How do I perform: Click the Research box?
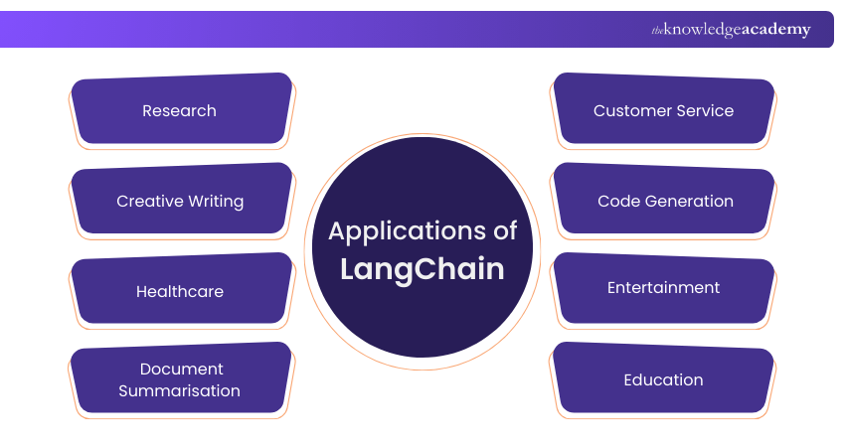pos(180,110)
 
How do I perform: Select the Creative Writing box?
pos(180,201)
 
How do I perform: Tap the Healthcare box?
pos(180,291)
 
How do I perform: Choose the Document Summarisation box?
pos(180,379)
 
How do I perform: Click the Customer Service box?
pos(663,110)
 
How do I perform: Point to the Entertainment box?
pos(663,288)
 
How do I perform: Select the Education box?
pos(663,379)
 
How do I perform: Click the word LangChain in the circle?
pos(422,269)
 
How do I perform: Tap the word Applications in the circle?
pos(400,231)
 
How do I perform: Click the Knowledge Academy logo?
pos(731,30)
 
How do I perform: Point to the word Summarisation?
pos(180,391)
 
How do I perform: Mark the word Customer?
pos(631,110)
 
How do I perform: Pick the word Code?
pos(617,201)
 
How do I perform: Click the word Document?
pos(181,369)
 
